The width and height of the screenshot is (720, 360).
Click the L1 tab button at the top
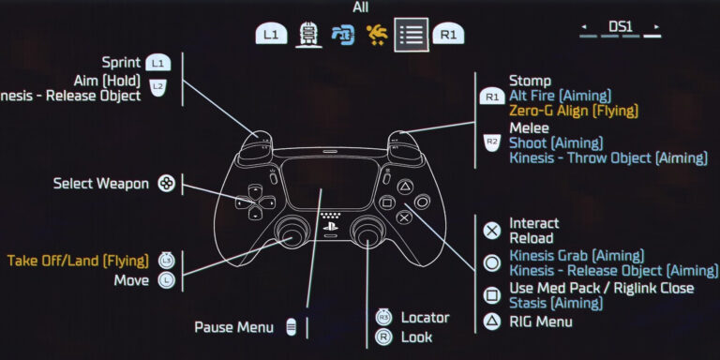(x=271, y=35)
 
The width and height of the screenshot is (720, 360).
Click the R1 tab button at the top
(x=448, y=35)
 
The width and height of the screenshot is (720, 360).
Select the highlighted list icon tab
(x=411, y=35)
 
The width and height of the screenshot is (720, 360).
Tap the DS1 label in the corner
(x=620, y=28)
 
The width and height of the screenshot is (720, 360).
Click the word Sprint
(x=121, y=62)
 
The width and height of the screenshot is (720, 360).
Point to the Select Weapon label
(x=100, y=184)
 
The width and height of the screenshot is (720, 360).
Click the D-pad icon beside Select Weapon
(x=166, y=184)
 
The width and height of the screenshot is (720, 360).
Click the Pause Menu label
(x=233, y=327)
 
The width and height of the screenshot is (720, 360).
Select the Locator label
(x=425, y=318)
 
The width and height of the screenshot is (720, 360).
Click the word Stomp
(x=530, y=81)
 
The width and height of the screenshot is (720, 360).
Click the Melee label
(x=528, y=127)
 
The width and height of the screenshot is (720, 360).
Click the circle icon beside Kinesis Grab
(x=492, y=262)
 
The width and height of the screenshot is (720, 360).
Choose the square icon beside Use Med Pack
(x=492, y=294)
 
